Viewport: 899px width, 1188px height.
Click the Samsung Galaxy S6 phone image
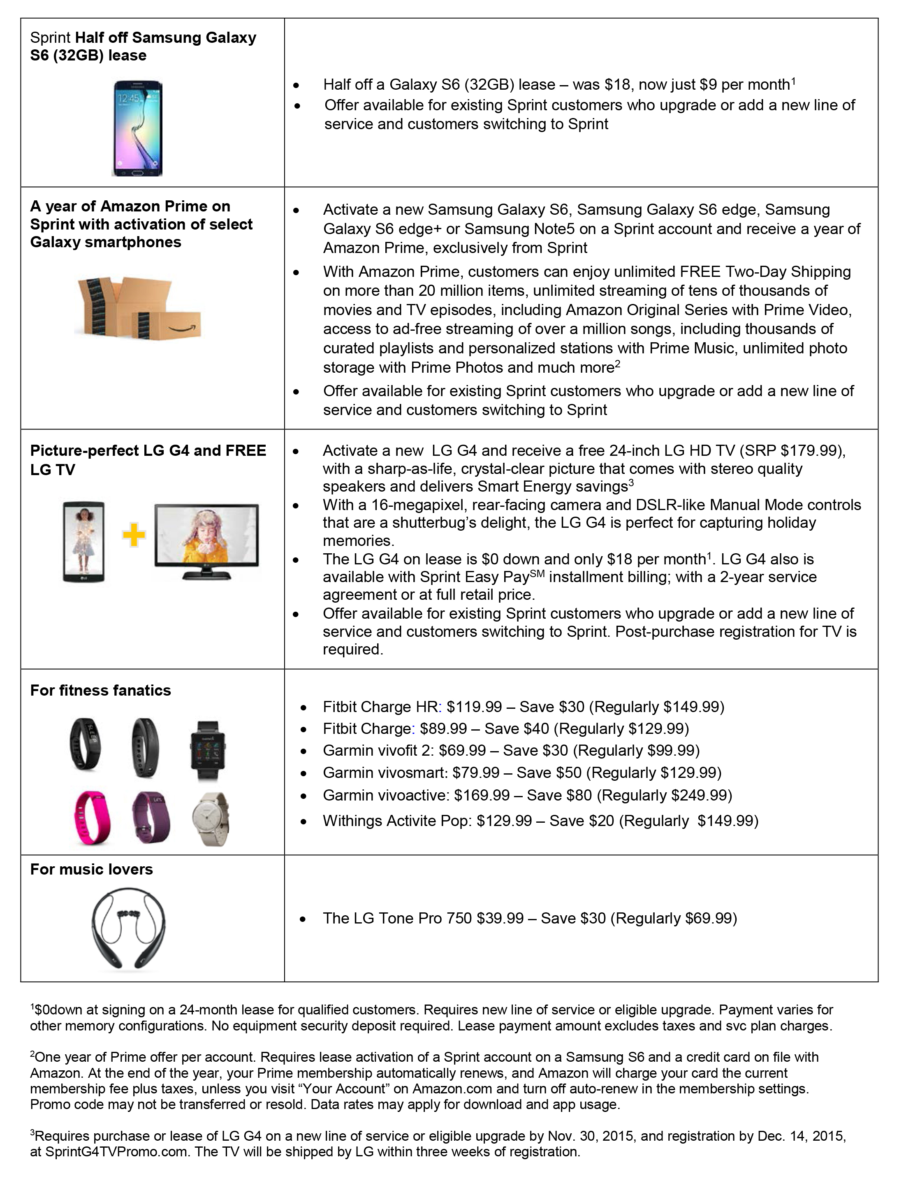click(x=137, y=128)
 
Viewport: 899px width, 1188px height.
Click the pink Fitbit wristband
click(x=89, y=818)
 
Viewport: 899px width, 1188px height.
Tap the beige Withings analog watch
click(x=211, y=819)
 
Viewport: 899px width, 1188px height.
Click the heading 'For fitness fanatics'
click(x=100, y=690)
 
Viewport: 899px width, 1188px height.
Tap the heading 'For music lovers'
click(x=91, y=869)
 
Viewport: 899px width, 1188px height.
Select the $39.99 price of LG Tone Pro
click(x=500, y=919)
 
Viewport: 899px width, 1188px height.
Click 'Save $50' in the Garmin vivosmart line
click(x=549, y=773)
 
